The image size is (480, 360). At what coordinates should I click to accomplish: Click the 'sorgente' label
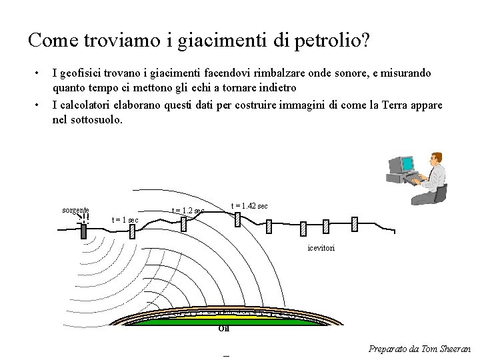(x=75, y=209)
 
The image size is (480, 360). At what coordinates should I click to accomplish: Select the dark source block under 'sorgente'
(x=85, y=230)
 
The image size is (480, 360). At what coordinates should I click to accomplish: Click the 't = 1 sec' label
(x=125, y=220)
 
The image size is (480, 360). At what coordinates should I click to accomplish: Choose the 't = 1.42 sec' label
(x=249, y=206)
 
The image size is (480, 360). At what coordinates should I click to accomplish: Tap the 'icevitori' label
(x=321, y=248)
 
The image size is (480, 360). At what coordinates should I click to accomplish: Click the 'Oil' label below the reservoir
(x=223, y=329)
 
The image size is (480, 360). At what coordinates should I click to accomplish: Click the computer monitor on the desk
(x=402, y=165)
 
